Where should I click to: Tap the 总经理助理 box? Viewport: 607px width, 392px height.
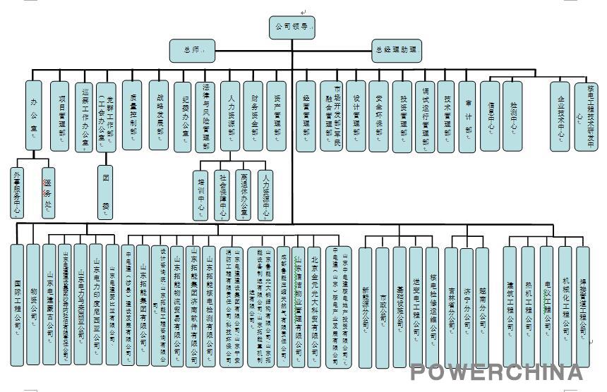tap(395, 50)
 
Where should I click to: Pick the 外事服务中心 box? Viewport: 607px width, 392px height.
tap(17, 191)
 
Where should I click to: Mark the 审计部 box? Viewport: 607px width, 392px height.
tap(467, 115)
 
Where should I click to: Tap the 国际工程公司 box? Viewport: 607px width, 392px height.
tap(17, 304)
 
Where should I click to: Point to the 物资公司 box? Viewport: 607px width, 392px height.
tap(33, 304)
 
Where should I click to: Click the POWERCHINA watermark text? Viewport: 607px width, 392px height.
tap(498, 372)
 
